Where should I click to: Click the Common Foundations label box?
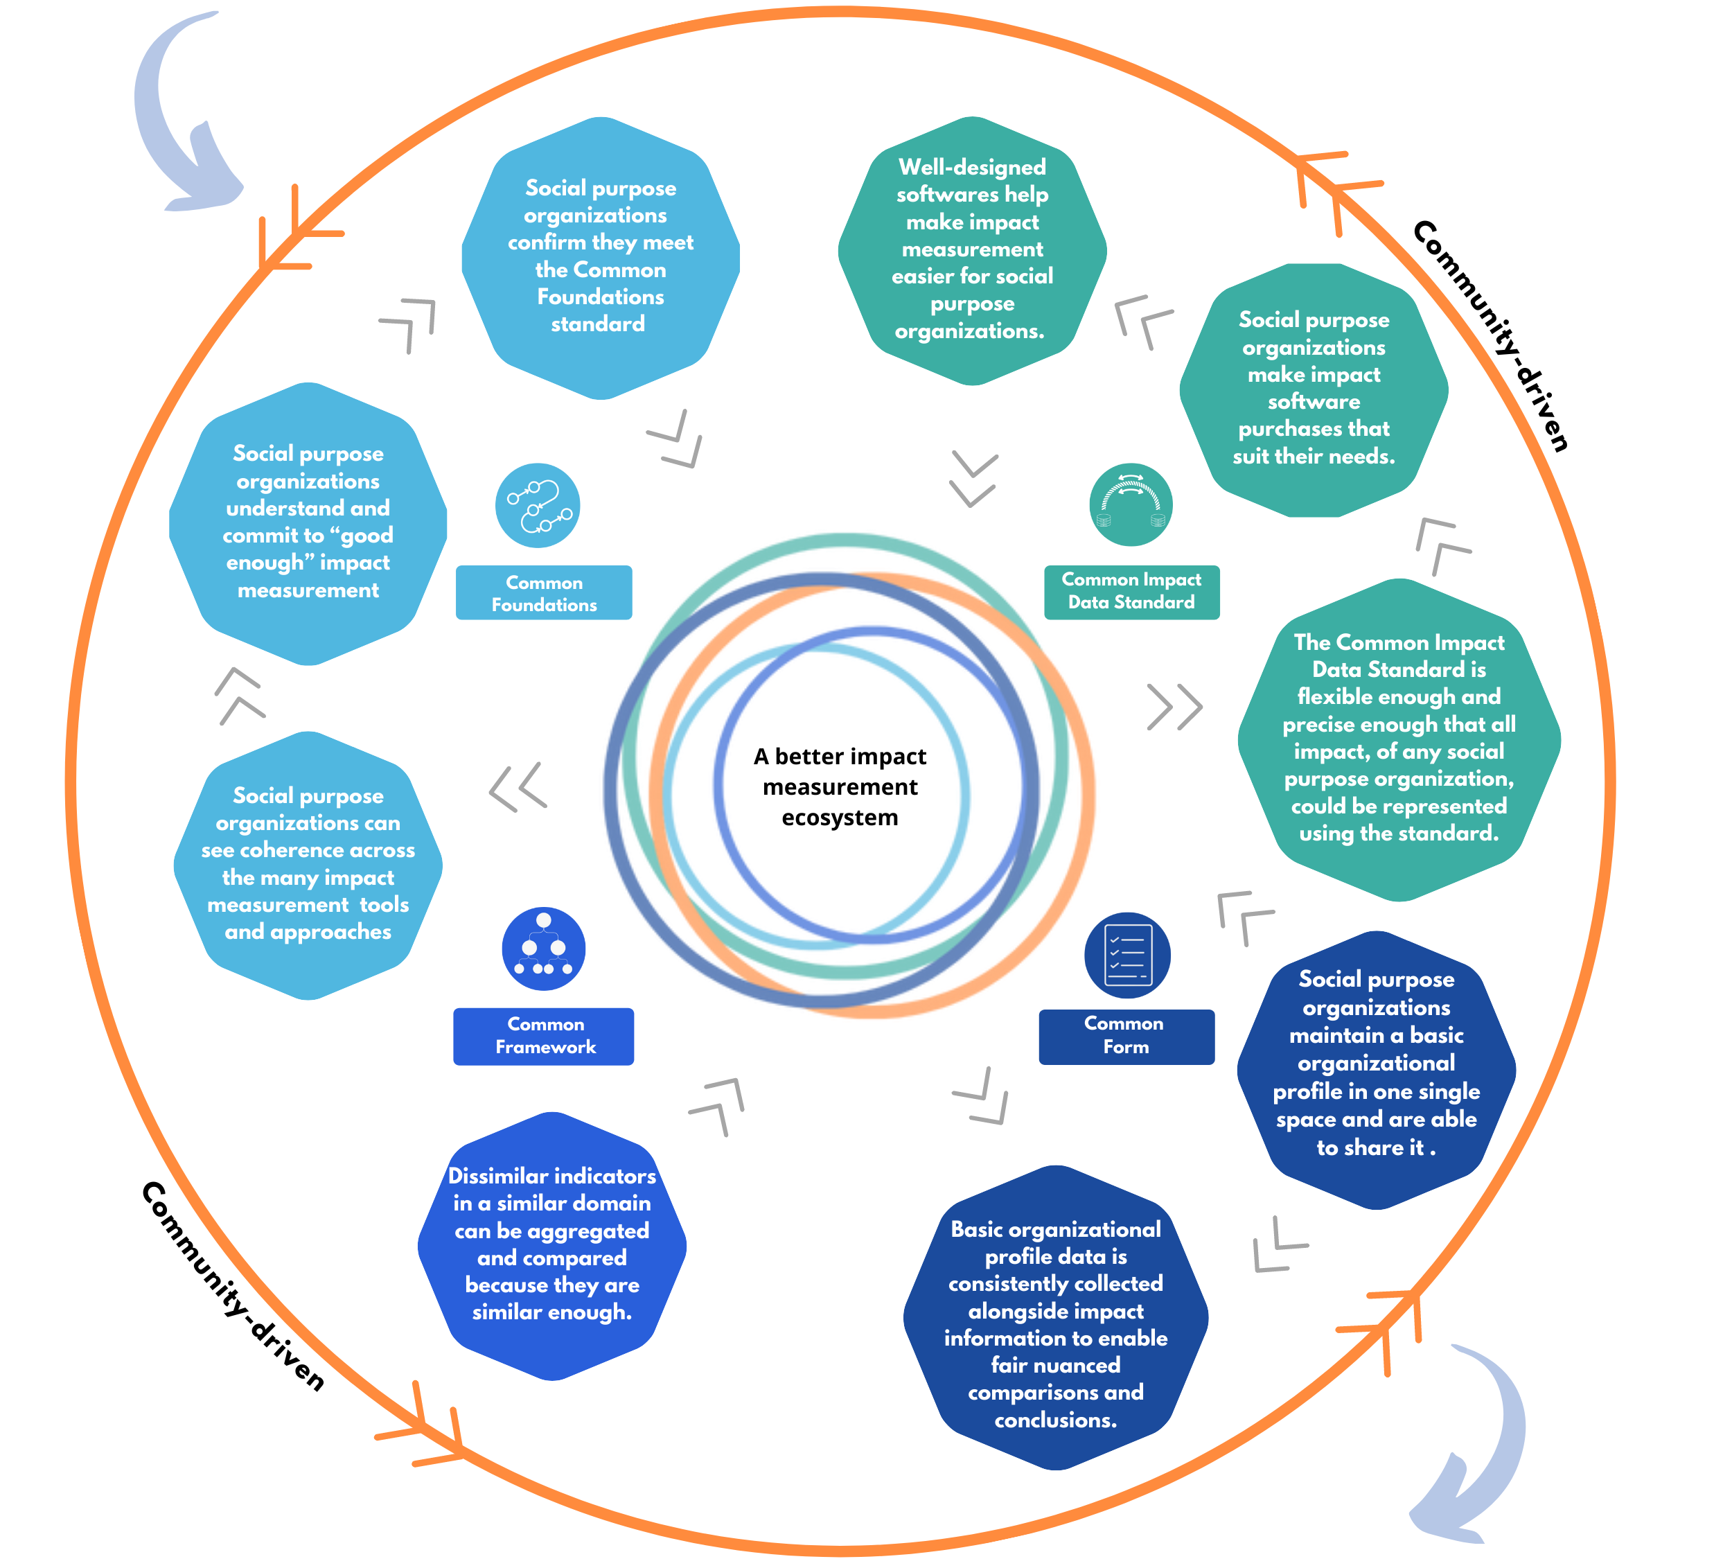[x=543, y=592]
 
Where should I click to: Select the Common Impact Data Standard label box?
[x=1131, y=591]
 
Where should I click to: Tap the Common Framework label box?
[x=543, y=1036]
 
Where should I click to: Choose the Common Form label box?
[x=1126, y=1036]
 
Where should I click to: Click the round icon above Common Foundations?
[x=537, y=505]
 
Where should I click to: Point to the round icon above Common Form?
[x=1126, y=954]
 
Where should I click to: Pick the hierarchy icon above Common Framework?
[x=543, y=949]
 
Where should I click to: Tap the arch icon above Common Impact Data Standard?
[x=1131, y=504]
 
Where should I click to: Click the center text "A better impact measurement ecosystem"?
[x=840, y=786]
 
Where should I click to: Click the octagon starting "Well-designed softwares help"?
[x=971, y=250]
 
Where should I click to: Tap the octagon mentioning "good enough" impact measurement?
[x=308, y=522]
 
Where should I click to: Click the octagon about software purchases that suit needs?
[x=1313, y=389]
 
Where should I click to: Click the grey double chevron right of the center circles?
[x=1174, y=707]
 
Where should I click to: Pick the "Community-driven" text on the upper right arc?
[x=1490, y=334]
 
